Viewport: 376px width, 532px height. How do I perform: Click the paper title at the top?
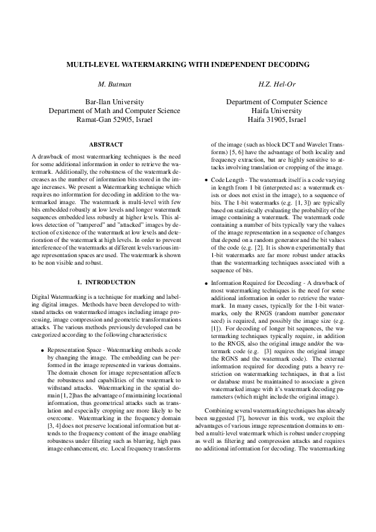point(188,64)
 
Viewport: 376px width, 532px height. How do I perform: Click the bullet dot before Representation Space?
point(42,349)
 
